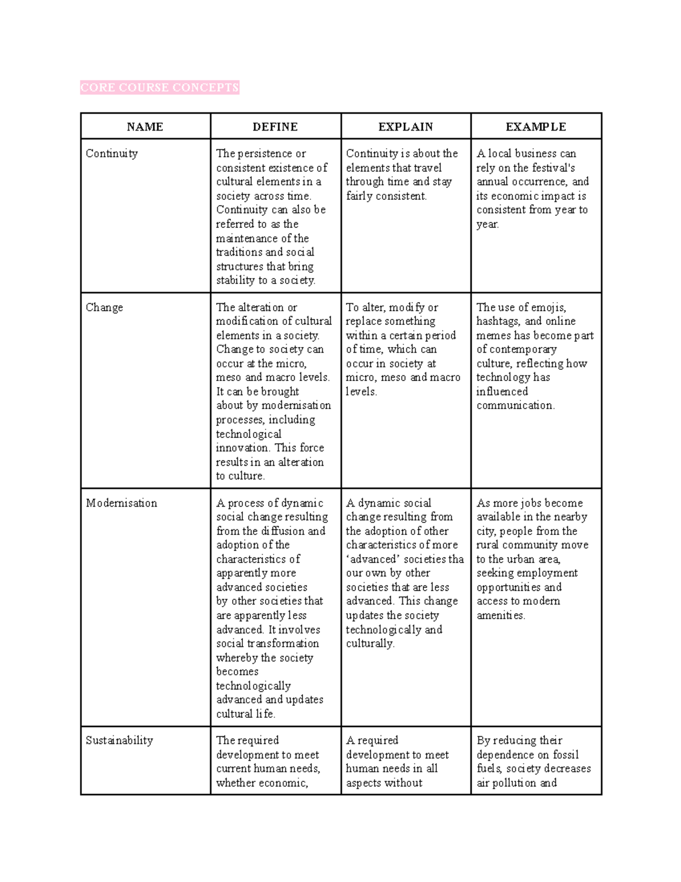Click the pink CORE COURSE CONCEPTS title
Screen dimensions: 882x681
click(159, 87)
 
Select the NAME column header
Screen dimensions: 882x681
click(145, 127)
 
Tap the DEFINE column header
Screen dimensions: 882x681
click(275, 127)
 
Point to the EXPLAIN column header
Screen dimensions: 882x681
click(406, 127)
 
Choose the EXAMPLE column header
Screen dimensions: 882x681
click(536, 127)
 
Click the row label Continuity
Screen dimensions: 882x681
click(112, 153)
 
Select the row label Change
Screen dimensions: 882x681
click(104, 307)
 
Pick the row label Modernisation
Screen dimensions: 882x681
click(121, 503)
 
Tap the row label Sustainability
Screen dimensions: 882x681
click(119, 741)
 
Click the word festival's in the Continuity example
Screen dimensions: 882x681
click(554, 168)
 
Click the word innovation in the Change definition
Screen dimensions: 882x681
click(242, 448)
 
